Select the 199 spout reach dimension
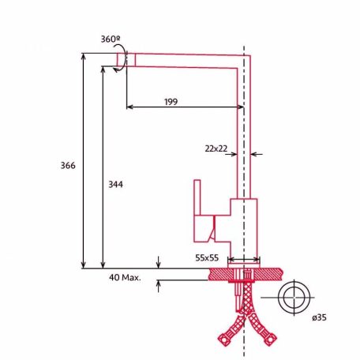(171, 101)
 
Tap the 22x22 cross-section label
(216, 148)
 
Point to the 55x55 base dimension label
(207, 257)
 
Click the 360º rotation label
(111, 39)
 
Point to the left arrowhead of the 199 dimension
(129, 107)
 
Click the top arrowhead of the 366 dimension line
(84, 55)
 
